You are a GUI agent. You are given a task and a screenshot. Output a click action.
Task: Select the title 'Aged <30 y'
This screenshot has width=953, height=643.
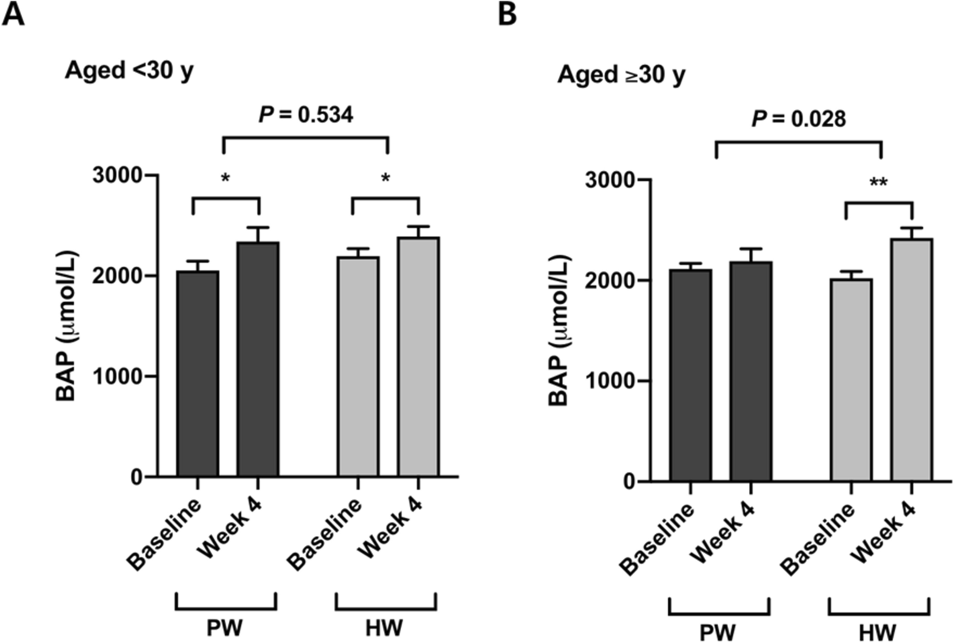129,71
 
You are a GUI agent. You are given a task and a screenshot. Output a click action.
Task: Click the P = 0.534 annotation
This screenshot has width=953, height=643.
306,114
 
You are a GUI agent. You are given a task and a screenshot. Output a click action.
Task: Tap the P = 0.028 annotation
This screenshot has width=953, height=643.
798,118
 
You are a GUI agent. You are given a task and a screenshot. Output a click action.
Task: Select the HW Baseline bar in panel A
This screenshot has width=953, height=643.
358,366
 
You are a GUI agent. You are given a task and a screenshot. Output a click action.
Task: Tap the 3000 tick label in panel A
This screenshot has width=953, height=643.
117,176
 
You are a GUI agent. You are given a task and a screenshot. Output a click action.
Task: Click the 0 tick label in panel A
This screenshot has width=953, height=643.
137,478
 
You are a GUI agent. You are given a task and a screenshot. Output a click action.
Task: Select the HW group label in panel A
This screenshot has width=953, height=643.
384,628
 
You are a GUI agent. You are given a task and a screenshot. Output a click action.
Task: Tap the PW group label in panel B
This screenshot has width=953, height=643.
718,632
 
